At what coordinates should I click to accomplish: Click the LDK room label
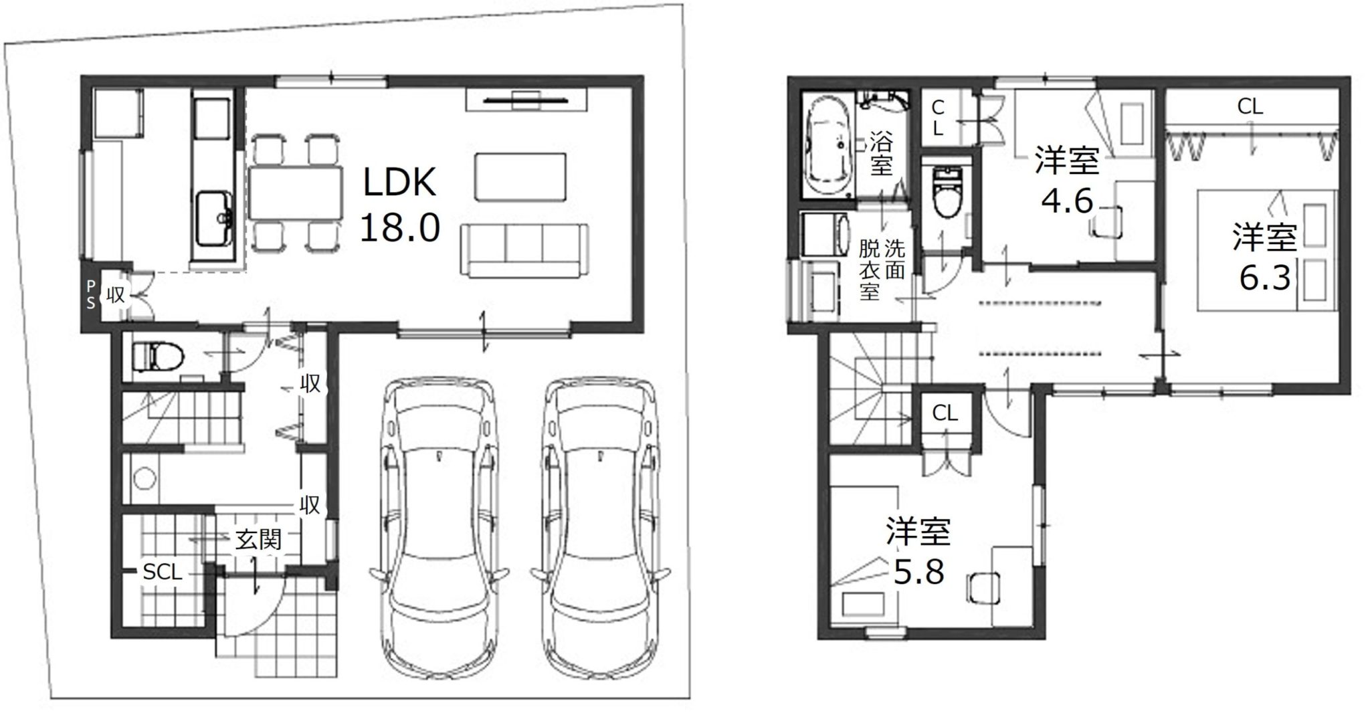point(399,182)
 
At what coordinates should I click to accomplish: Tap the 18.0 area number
point(400,227)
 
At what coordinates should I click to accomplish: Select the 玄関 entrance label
point(258,540)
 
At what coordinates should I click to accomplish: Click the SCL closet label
point(163,572)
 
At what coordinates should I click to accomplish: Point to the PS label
point(90,294)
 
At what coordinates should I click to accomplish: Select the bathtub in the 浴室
point(830,150)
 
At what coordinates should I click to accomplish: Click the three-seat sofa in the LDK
point(524,250)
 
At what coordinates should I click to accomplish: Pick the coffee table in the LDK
point(520,176)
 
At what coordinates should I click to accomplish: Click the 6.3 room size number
point(1264,278)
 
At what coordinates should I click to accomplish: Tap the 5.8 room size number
point(919,572)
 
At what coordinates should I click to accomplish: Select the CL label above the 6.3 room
point(1250,106)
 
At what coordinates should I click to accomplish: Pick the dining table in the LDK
point(294,193)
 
